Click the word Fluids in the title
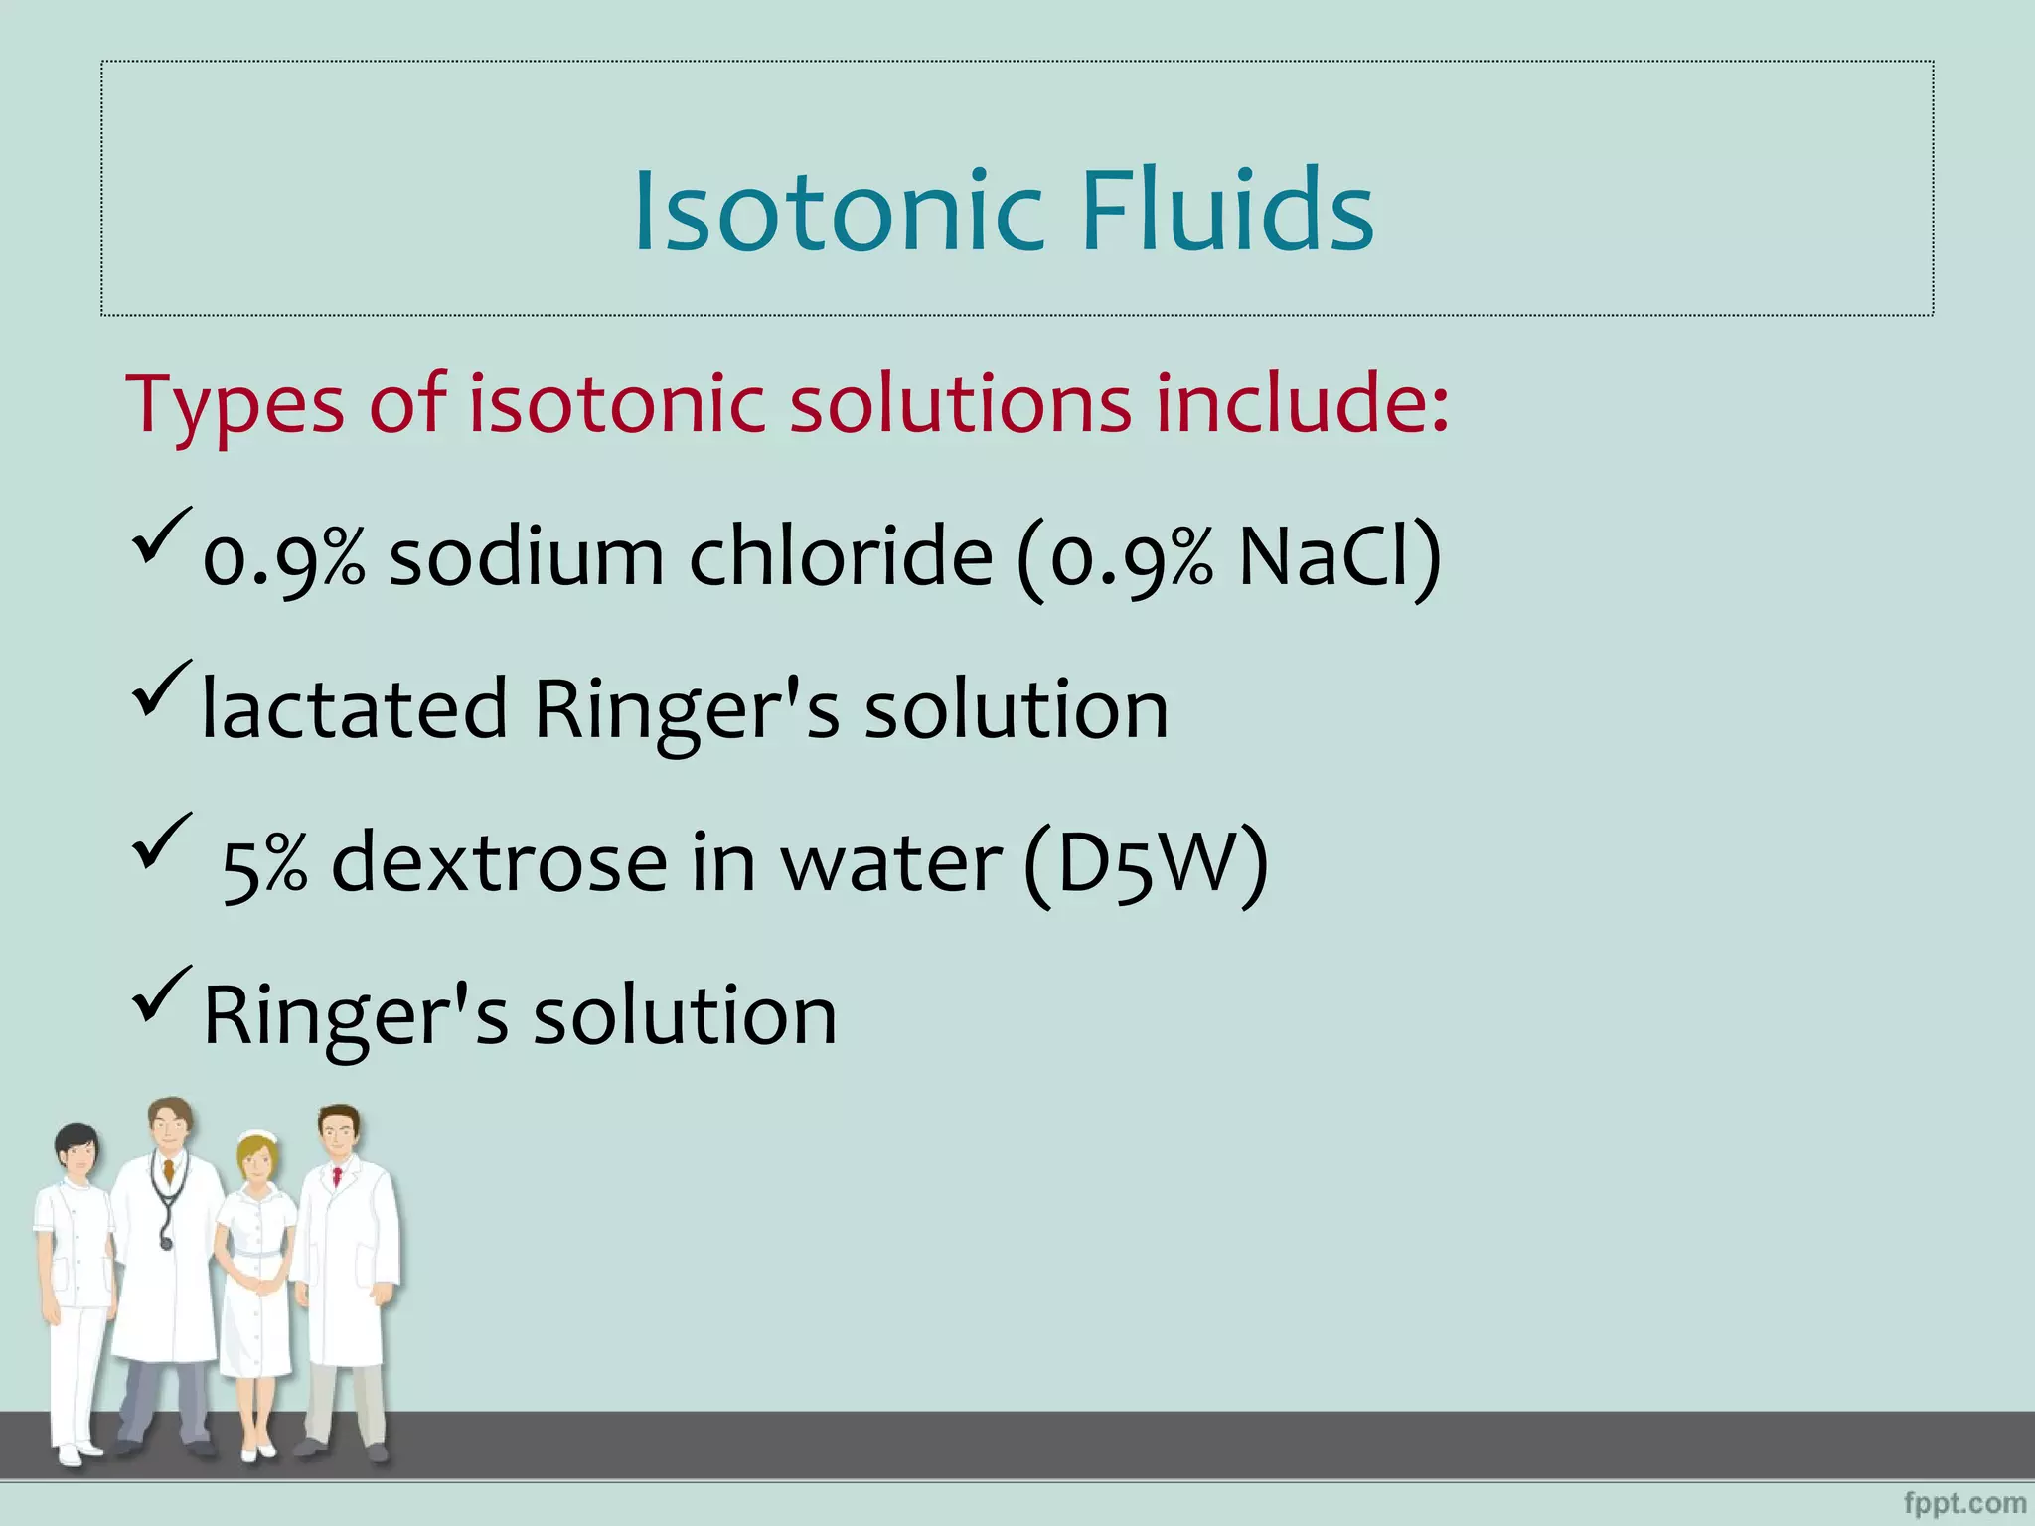click(x=1226, y=212)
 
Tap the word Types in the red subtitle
click(x=235, y=405)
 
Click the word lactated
click(x=354, y=709)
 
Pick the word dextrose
click(x=499, y=862)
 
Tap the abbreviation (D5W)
click(x=1146, y=863)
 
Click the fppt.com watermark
click(x=1964, y=1504)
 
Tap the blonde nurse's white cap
click(x=258, y=1137)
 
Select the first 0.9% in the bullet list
click(x=283, y=559)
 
